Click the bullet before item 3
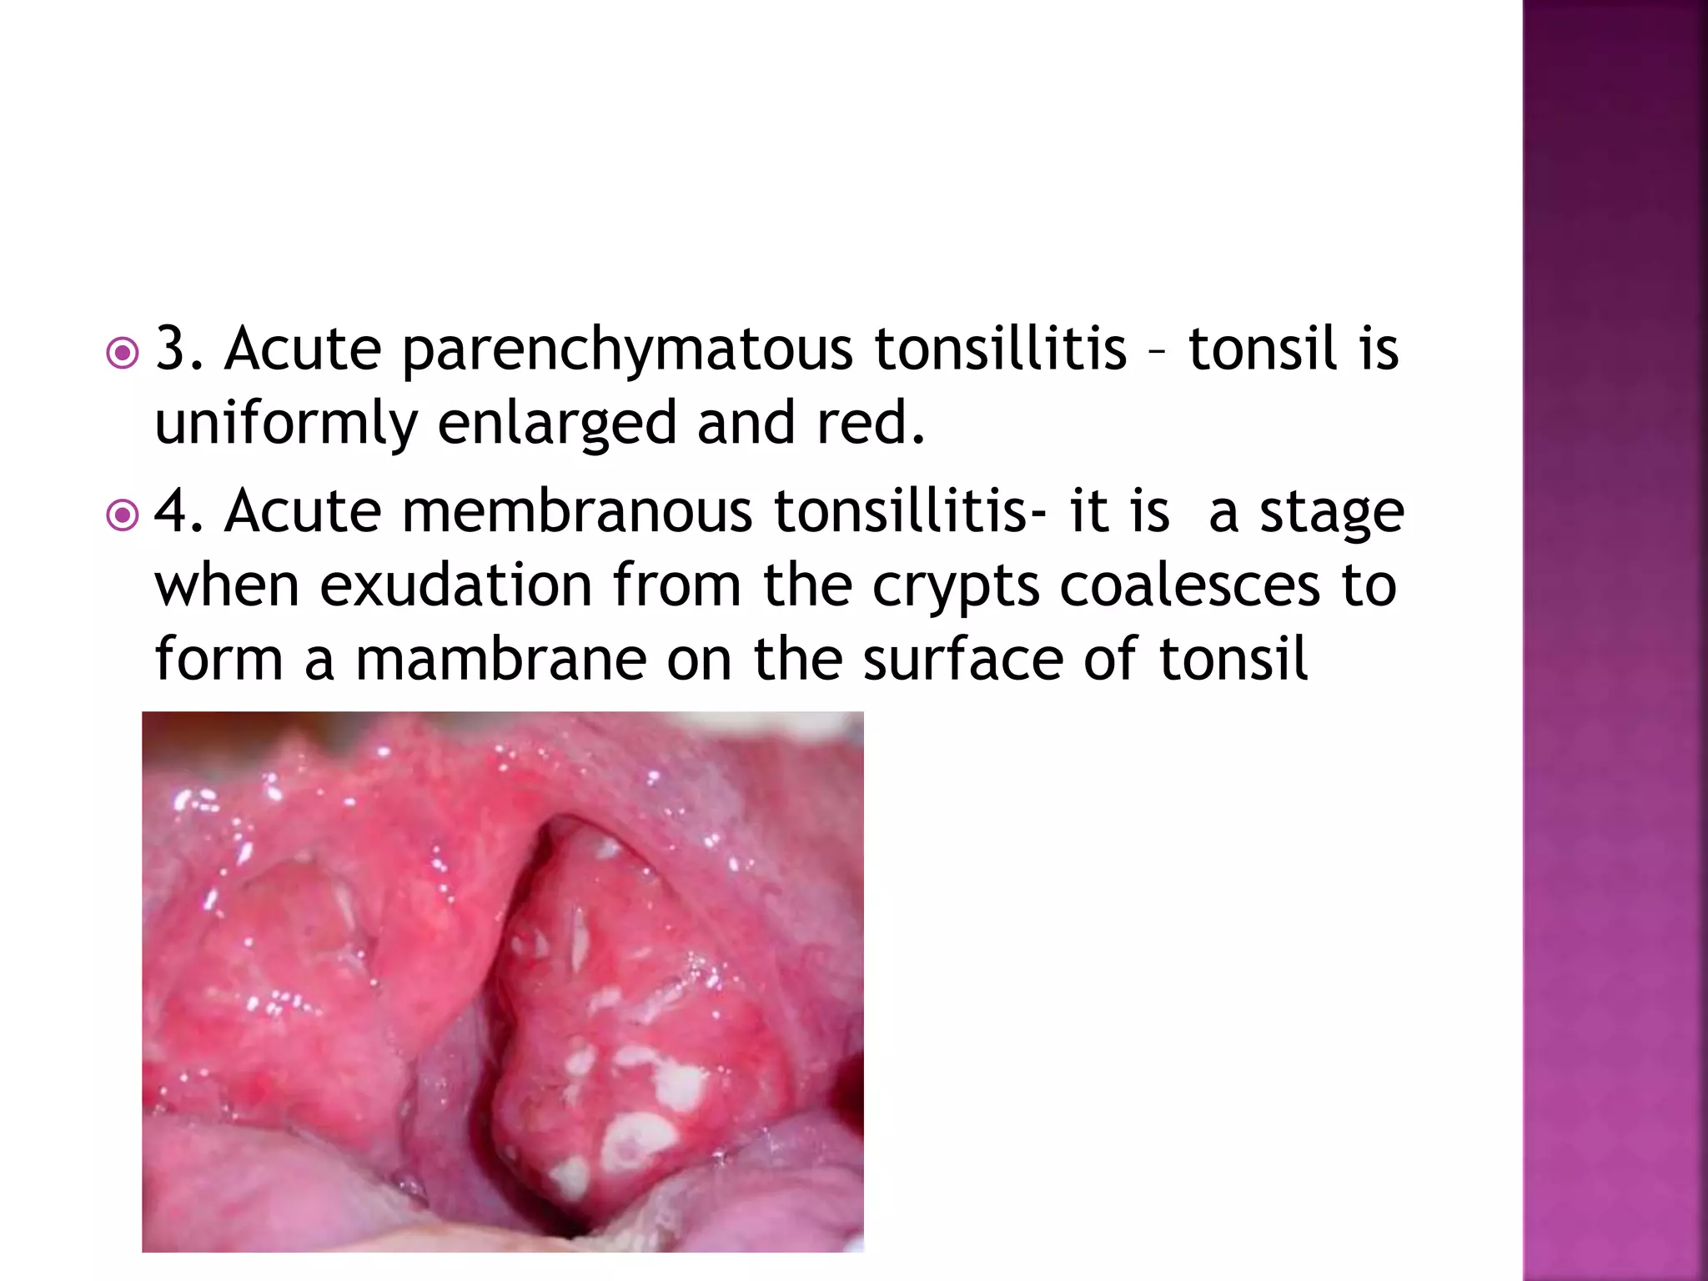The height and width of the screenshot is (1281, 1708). click(123, 354)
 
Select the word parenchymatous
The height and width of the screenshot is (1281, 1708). click(627, 350)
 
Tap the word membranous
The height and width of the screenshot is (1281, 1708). click(577, 511)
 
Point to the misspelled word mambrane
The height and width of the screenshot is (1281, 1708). click(501, 660)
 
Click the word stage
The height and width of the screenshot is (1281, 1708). click(1331, 513)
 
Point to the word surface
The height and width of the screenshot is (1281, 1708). click(962, 660)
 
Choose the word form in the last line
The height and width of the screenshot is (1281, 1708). click(219, 660)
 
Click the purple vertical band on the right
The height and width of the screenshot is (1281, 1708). click(1615, 640)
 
